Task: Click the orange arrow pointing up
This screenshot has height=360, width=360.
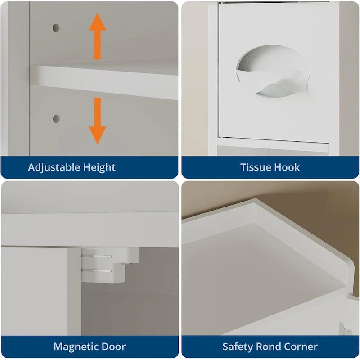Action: pos(98,36)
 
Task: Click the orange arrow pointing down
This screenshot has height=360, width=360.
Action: pos(98,121)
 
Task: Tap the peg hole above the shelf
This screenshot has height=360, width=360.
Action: pos(56,28)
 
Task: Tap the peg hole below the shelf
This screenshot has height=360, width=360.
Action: pos(57,119)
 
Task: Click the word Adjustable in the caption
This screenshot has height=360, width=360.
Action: pos(54,167)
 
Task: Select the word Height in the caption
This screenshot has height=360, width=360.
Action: pos(99,167)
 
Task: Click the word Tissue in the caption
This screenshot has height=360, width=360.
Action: pos(255,167)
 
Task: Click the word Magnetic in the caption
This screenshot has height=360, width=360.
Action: pos(76,346)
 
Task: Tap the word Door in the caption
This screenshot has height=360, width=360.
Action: pos(113,346)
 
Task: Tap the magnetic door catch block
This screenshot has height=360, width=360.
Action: pos(110,265)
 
